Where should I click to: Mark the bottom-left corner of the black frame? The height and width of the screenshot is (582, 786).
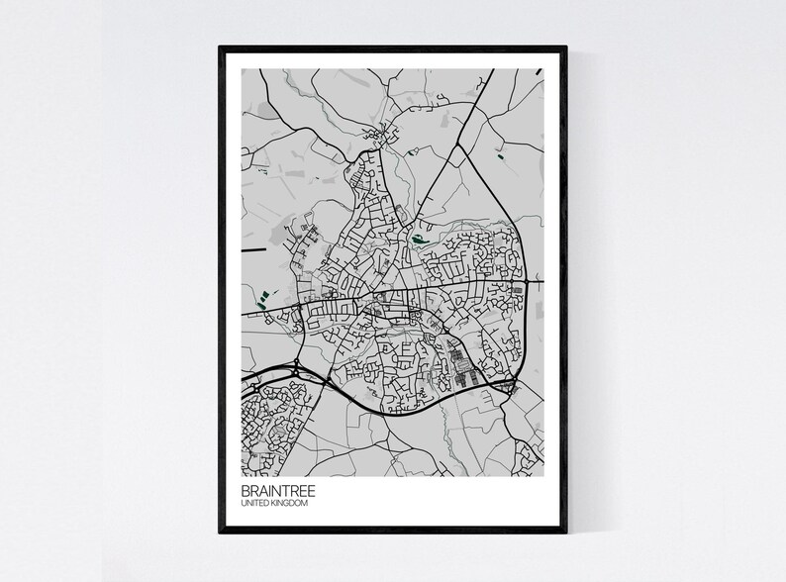pos(220,533)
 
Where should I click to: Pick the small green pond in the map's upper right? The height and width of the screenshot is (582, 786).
pos(500,155)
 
